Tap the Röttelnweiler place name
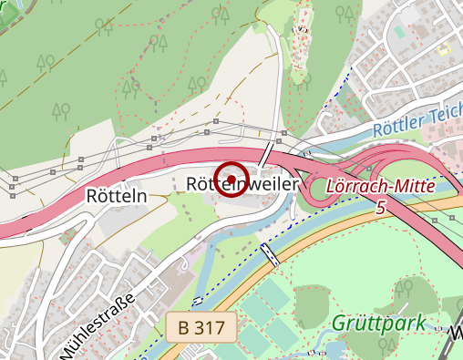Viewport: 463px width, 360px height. pyautogui.click(x=242, y=184)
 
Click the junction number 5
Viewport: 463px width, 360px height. pyautogui.click(x=379, y=208)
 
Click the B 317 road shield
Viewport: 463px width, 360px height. pyautogui.click(x=202, y=326)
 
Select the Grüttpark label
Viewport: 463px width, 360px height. pyautogui.click(x=378, y=323)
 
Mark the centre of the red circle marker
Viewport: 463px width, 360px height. pyautogui.click(x=232, y=178)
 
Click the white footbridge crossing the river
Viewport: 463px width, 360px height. pyautogui.click(x=270, y=253)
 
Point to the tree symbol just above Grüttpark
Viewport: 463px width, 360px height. pyautogui.click(x=401, y=291)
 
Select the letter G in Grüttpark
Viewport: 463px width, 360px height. pyautogui.click(x=338, y=323)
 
